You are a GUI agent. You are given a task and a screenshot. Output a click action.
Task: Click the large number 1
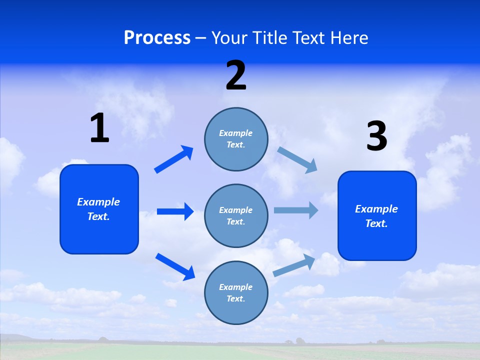tap(99, 128)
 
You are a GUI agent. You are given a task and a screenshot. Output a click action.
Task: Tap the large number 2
tap(236, 76)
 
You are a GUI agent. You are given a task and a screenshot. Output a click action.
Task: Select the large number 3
tap(376, 136)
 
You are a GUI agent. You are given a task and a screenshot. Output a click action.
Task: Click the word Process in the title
tap(157, 37)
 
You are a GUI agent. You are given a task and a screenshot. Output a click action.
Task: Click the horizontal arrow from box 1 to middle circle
tap(175, 211)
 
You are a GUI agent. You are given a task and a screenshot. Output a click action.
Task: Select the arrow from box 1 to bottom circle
tap(175, 266)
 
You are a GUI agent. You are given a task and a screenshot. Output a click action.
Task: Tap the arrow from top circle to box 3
tap(297, 160)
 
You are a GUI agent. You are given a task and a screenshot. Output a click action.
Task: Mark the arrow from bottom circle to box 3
tap(294, 265)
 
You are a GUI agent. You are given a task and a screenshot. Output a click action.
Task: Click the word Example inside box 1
tap(98, 202)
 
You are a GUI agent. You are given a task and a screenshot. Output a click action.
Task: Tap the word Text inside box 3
tap(376, 223)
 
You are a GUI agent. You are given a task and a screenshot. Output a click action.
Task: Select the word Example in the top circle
tap(235, 133)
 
